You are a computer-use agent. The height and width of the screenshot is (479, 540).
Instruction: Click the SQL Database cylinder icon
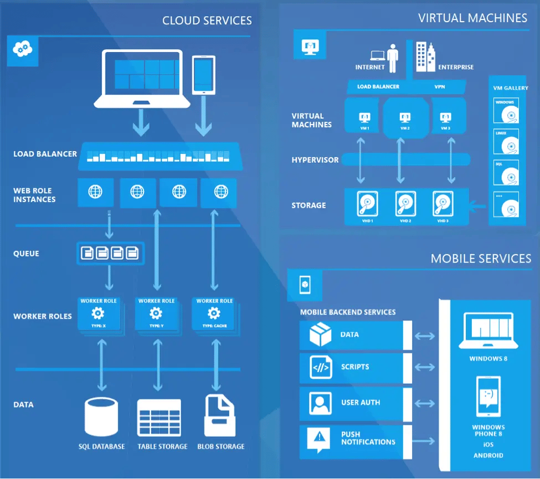[102, 417]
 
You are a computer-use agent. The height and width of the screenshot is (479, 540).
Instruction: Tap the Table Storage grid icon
[159, 417]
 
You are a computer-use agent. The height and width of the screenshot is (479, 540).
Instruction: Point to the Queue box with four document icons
[110, 254]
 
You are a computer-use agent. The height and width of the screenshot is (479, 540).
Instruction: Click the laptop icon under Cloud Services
[138, 78]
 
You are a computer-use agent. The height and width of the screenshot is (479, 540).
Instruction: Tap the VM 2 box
[405, 119]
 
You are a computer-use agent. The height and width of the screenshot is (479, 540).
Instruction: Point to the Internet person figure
[393, 58]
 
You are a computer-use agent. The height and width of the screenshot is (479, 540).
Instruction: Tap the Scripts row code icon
[321, 367]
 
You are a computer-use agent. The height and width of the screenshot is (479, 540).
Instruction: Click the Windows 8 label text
[488, 359]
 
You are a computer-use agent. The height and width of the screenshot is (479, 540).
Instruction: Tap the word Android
[488, 455]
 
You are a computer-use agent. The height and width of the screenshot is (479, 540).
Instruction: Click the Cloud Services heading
[207, 21]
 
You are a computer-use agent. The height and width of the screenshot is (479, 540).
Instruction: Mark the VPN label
[439, 87]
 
